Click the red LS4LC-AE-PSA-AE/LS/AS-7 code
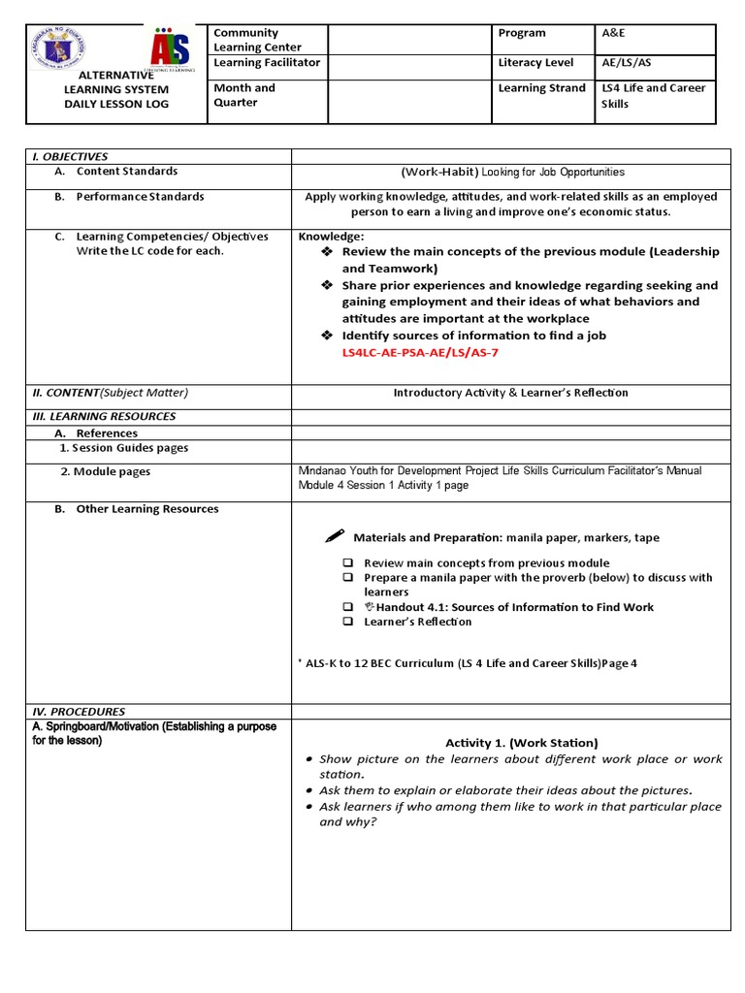[x=417, y=351]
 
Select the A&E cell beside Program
[x=615, y=33]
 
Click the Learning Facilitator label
[x=267, y=63]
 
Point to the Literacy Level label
[x=533, y=63]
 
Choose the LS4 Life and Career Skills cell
[x=653, y=96]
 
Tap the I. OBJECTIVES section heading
[x=70, y=156]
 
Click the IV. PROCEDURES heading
[x=78, y=712]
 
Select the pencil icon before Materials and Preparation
[x=335, y=536]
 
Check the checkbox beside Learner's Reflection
[x=346, y=622]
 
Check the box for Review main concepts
[x=346, y=562]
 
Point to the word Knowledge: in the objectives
[x=331, y=236]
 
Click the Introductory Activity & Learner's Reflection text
[x=510, y=393]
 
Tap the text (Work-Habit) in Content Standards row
[x=439, y=172]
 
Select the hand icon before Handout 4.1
[x=369, y=607]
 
